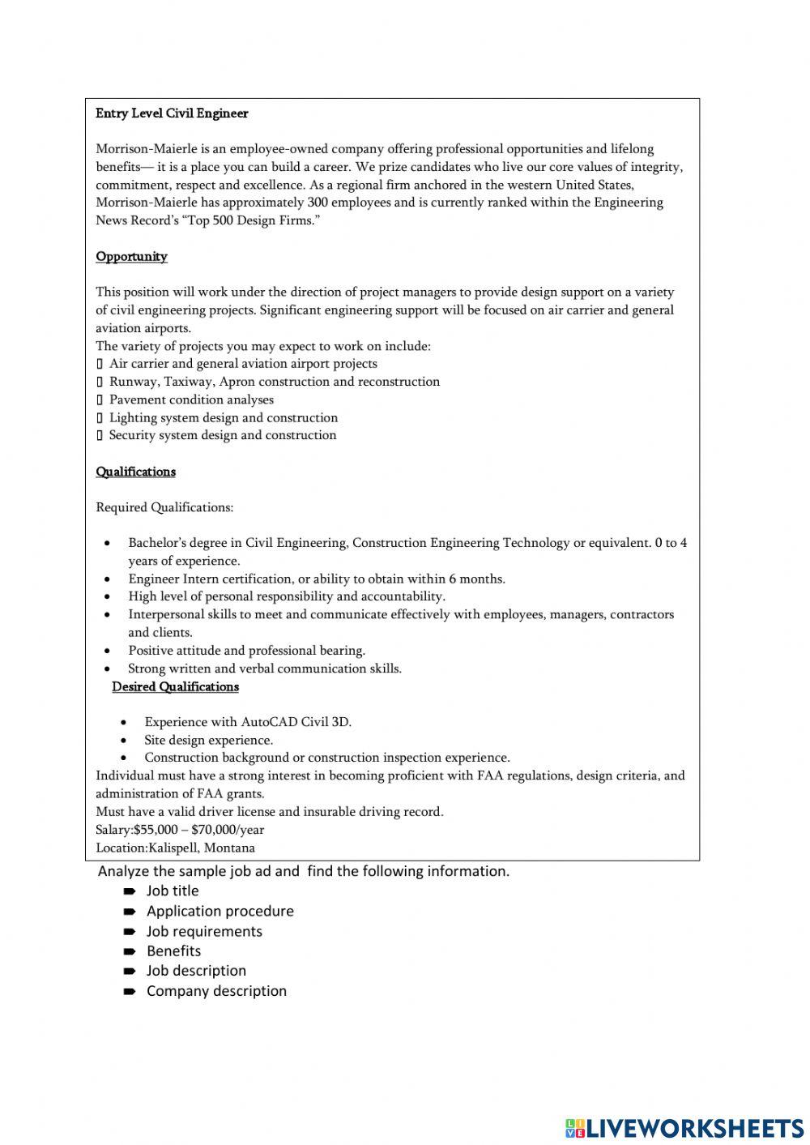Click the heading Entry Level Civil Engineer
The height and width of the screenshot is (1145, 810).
pyautogui.click(x=172, y=113)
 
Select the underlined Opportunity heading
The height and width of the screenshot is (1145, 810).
pyautogui.click(x=131, y=257)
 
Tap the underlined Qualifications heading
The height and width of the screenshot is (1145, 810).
pyautogui.click(x=135, y=472)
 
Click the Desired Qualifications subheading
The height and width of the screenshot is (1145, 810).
pyautogui.click(x=175, y=686)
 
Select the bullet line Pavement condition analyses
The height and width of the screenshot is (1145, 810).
pyautogui.click(x=191, y=399)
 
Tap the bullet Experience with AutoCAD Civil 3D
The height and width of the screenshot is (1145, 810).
pyautogui.click(x=248, y=722)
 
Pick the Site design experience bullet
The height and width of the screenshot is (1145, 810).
pyautogui.click(x=208, y=740)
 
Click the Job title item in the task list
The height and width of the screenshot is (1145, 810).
pyautogui.click(x=173, y=891)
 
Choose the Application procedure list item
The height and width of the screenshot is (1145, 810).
pyautogui.click(x=220, y=911)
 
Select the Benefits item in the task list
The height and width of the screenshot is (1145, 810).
pyautogui.click(x=173, y=951)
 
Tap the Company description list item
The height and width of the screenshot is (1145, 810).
pyautogui.click(x=216, y=990)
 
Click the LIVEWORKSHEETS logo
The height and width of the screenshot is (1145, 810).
pyautogui.click(x=684, y=1127)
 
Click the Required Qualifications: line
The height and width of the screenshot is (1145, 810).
pyautogui.click(x=164, y=507)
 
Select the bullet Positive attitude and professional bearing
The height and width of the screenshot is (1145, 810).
pyautogui.click(x=246, y=650)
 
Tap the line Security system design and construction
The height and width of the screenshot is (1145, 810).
pyautogui.click(x=223, y=435)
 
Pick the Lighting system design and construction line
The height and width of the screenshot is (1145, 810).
pyautogui.click(x=224, y=417)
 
